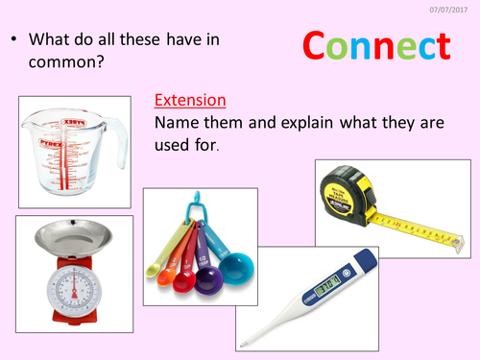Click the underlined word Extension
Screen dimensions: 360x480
coord(189,99)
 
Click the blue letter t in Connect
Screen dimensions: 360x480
coord(440,47)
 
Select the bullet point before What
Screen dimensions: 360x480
coord(14,41)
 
